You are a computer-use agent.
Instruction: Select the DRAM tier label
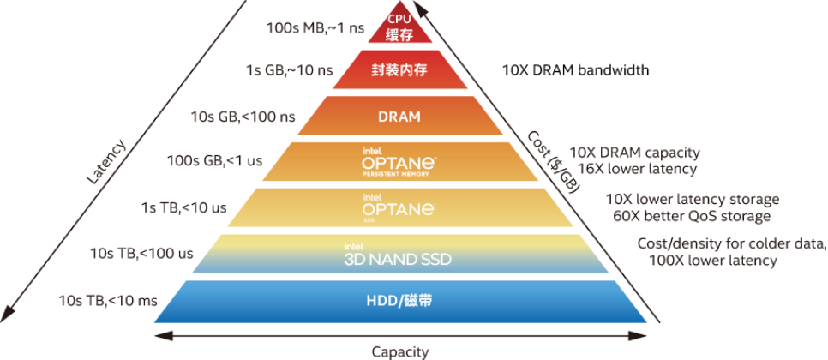pyautogui.click(x=399, y=117)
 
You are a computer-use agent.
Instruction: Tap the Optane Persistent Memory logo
pyautogui.click(x=399, y=162)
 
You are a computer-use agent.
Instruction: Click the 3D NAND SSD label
pyautogui.click(x=398, y=256)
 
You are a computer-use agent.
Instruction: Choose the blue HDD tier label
pyautogui.click(x=399, y=301)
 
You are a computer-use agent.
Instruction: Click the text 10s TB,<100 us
pyautogui.click(x=141, y=253)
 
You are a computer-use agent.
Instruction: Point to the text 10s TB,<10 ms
pyautogui.click(x=107, y=300)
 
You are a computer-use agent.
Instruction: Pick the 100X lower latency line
pyautogui.click(x=714, y=260)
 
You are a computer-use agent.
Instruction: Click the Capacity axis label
pyautogui.click(x=400, y=351)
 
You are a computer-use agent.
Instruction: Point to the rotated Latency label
pyautogui.click(x=106, y=161)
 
